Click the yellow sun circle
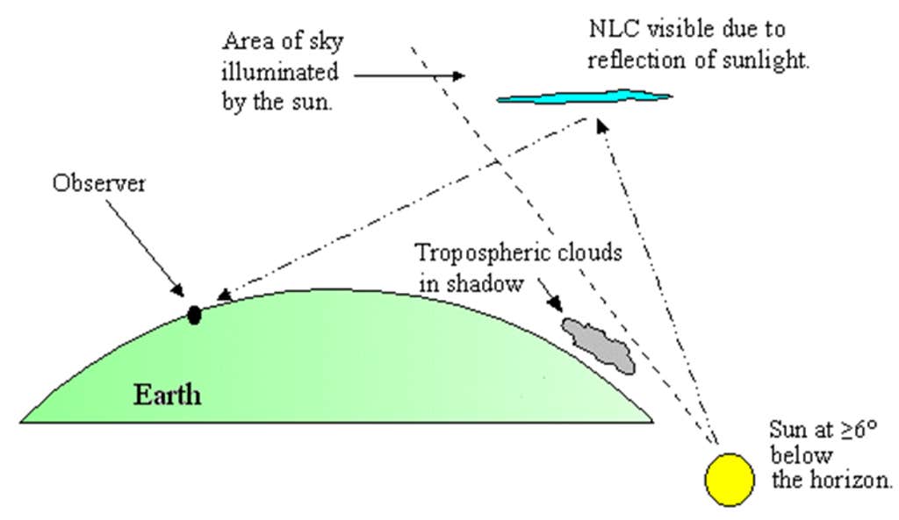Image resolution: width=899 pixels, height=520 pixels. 730,480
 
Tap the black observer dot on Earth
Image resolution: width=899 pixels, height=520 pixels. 194,315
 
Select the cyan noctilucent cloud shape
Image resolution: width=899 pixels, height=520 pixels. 584,97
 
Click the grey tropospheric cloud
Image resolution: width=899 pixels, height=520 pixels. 599,345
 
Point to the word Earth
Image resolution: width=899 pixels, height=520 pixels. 168,395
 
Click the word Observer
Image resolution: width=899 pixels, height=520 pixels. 98,183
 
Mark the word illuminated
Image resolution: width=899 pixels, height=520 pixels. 280,72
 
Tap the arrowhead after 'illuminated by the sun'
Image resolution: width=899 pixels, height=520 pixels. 457,75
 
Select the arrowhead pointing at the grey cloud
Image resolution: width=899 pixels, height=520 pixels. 555,304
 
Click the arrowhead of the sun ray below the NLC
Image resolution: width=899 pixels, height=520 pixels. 601,125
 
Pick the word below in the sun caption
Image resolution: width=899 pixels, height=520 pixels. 801,455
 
